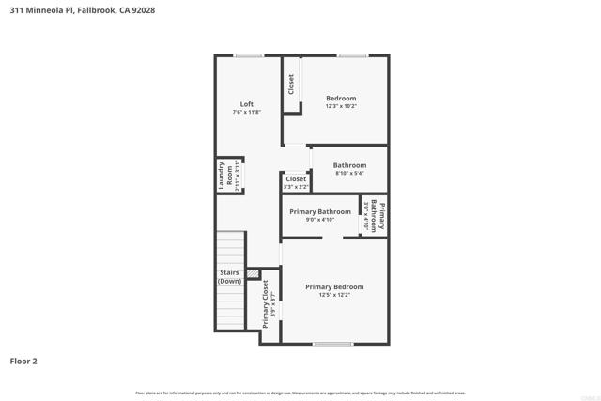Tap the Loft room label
246,104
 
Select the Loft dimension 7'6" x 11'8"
246,113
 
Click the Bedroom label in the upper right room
341,99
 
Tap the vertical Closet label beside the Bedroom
291,85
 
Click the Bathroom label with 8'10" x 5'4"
349,165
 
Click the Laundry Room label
225,175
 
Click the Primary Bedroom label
334,286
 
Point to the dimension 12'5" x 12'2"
334,295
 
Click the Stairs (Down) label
229,277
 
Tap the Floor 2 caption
23,361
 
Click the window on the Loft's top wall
249,56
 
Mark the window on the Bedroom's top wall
352,56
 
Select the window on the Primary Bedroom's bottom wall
332,344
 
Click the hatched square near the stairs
253,273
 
